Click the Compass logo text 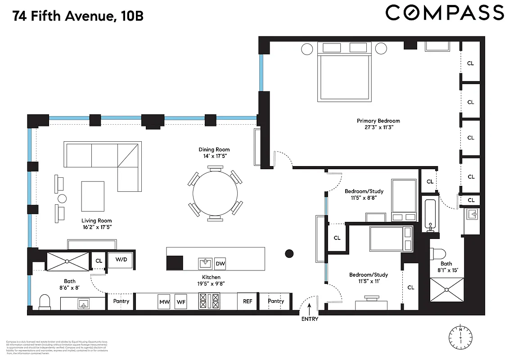pyautogui.click(x=445, y=13)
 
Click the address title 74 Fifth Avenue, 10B pyautogui.click(x=78, y=17)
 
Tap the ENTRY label pyautogui.click(x=310, y=319)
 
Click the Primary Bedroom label pyautogui.click(x=378, y=121)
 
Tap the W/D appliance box pyautogui.click(x=121, y=260)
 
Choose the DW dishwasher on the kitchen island pyautogui.click(x=220, y=263)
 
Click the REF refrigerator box pyautogui.click(x=248, y=301)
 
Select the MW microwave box pyautogui.click(x=164, y=301)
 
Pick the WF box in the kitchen pyautogui.click(x=181, y=301)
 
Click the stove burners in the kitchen pyautogui.click(x=209, y=301)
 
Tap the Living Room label pyautogui.click(x=96, y=220)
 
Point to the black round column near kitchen pyautogui.click(x=289, y=253)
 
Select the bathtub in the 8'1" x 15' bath pyautogui.click(x=431, y=215)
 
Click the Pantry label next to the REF pyautogui.click(x=276, y=301)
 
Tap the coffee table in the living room pyautogui.click(x=92, y=196)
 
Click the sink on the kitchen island pyautogui.click(x=206, y=263)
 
